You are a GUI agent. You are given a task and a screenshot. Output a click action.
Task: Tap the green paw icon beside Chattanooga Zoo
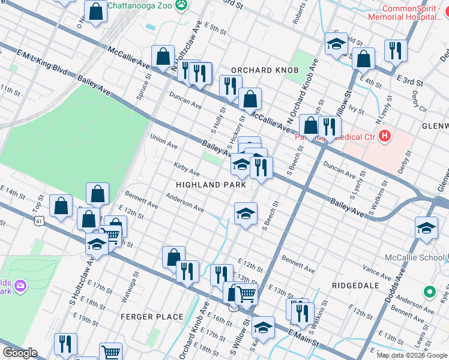click(x=181, y=5)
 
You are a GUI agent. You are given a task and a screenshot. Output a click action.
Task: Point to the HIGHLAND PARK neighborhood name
click(x=211, y=185)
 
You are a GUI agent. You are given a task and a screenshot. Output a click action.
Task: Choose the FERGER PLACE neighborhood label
click(x=152, y=316)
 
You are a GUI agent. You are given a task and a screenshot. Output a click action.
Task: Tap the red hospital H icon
click(x=384, y=137)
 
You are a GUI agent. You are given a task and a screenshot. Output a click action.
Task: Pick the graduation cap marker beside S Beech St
click(x=245, y=214)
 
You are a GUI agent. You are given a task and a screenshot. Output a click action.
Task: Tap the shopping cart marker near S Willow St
click(x=246, y=294)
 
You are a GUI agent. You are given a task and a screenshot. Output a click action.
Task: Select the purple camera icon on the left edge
click(x=20, y=284)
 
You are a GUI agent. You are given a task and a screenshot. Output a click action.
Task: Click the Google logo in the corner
click(x=20, y=353)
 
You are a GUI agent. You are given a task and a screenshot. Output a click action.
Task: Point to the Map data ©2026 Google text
click(x=412, y=355)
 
